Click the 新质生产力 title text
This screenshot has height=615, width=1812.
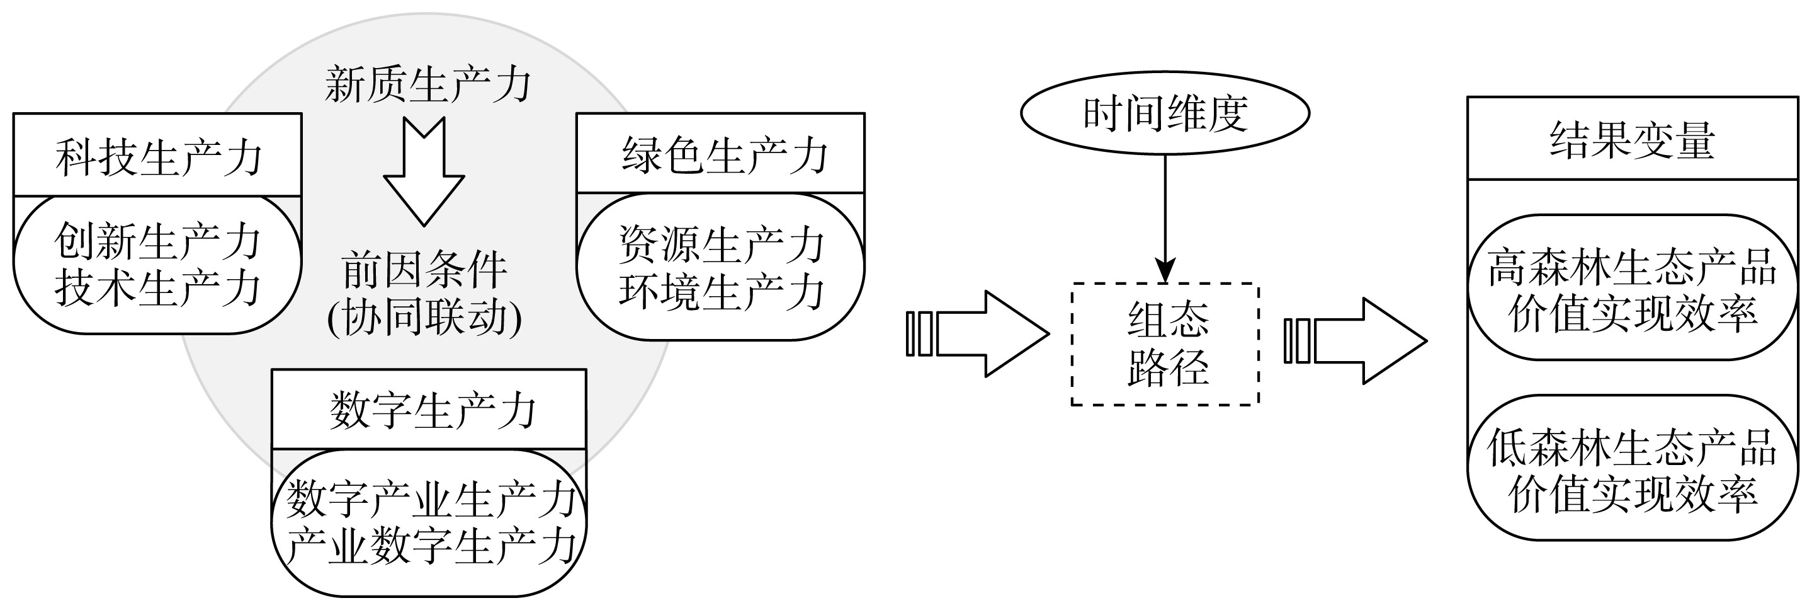coord(427,85)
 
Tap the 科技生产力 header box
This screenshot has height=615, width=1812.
coord(157,156)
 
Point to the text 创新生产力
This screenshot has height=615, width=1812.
coord(157,241)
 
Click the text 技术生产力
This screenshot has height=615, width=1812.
coord(157,289)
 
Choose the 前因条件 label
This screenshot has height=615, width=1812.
coord(424,270)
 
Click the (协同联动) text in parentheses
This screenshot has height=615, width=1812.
coord(424,318)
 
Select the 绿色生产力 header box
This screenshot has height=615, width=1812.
coord(720,153)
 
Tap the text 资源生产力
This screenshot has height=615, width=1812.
coord(720,244)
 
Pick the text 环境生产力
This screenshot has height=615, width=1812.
coord(720,291)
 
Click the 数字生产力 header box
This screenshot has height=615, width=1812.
coord(429,410)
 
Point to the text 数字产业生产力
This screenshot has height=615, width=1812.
coord(429,499)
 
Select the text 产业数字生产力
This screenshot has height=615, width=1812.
coord(429,546)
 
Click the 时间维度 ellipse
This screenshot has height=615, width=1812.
coord(1165,113)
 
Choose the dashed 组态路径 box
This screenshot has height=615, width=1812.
coord(1165,344)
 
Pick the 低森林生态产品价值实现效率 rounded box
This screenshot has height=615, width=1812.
coord(1632,468)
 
